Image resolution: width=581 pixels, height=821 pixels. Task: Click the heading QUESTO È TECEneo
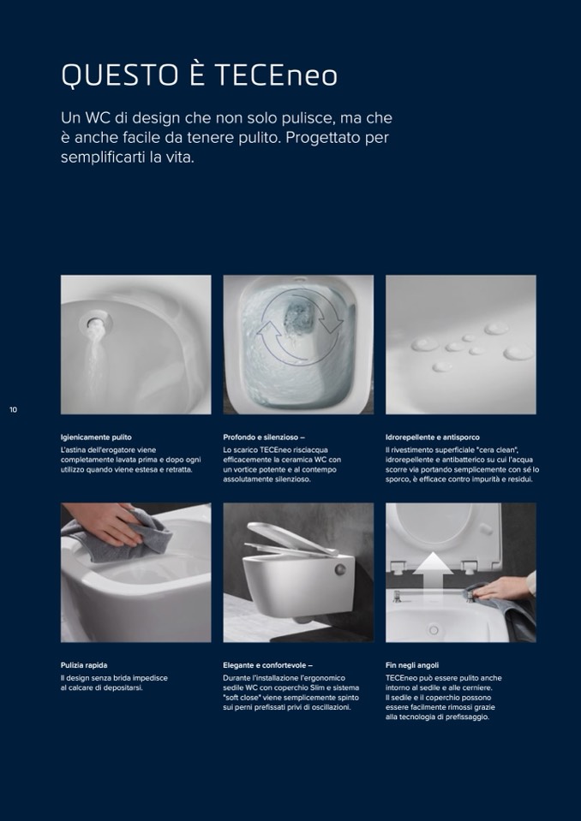click(199, 74)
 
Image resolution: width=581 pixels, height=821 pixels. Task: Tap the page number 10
click(13, 410)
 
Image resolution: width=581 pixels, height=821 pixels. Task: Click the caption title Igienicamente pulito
click(96, 437)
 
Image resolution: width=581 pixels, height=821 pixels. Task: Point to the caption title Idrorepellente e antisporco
click(433, 437)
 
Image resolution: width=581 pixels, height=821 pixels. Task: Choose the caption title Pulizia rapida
click(84, 665)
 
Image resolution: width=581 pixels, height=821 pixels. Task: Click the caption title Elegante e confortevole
click(267, 665)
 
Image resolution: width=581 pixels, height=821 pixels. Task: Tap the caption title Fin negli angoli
click(412, 665)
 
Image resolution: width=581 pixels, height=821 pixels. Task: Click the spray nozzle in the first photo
click(96, 322)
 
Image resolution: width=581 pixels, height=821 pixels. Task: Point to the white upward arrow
click(433, 570)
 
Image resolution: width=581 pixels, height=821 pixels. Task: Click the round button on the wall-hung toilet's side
click(341, 570)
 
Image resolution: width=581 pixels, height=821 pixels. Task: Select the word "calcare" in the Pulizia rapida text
click(81, 687)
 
